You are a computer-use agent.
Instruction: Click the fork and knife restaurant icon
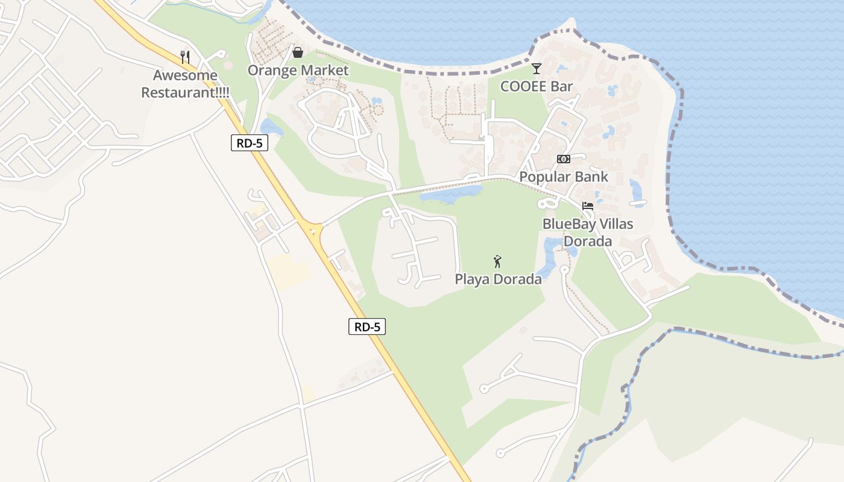(x=186, y=57)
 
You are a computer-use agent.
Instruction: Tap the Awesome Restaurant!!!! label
(x=185, y=84)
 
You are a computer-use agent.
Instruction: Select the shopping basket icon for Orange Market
(x=297, y=52)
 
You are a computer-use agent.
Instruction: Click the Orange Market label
(x=298, y=70)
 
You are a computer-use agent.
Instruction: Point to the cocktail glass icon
(x=537, y=68)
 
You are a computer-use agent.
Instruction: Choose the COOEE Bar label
(x=537, y=87)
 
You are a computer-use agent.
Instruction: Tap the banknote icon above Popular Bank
(x=564, y=159)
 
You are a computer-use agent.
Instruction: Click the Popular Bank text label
(x=564, y=177)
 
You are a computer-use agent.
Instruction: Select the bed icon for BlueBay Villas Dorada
(x=588, y=206)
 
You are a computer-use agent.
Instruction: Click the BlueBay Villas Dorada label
(x=588, y=233)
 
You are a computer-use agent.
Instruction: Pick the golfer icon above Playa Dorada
(x=497, y=261)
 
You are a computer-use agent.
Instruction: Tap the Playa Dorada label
(x=498, y=280)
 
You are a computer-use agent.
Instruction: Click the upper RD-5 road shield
(x=249, y=143)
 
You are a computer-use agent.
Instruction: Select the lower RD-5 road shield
(x=367, y=327)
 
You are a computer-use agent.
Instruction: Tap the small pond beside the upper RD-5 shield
(x=271, y=128)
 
